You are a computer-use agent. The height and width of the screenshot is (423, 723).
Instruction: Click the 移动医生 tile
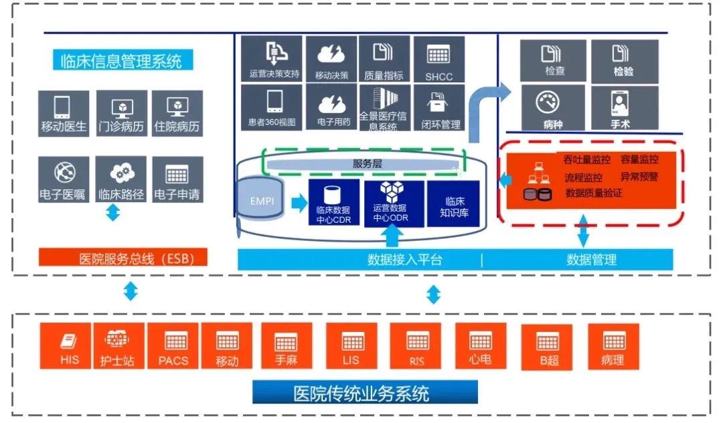(x=64, y=113)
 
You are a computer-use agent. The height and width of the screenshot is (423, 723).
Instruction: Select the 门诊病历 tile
(x=121, y=113)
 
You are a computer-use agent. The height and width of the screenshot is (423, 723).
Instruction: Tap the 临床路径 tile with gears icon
(x=121, y=180)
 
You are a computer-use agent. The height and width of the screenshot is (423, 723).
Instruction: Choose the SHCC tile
(x=438, y=60)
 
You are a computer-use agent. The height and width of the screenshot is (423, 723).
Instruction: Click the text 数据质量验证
(x=594, y=193)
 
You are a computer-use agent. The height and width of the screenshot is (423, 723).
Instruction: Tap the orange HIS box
(x=70, y=346)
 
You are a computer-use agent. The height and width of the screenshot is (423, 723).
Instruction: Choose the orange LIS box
(x=351, y=346)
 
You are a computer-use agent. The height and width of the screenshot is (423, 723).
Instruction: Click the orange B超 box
(x=547, y=347)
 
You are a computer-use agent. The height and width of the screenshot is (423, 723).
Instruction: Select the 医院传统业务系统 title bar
(x=365, y=392)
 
